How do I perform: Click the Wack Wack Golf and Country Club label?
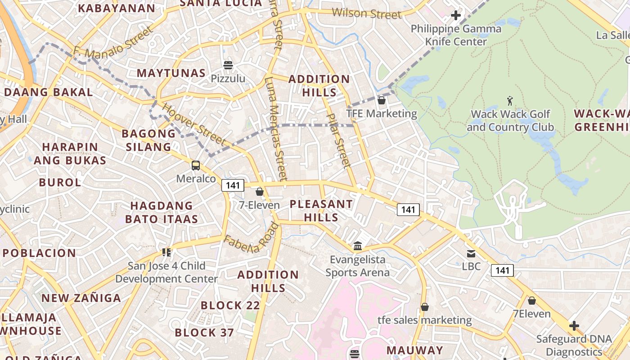(x=510, y=121)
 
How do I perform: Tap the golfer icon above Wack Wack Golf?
(x=510, y=100)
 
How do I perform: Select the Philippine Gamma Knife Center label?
(x=456, y=35)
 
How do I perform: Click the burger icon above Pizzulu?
(x=228, y=65)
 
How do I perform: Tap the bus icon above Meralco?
(x=196, y=166)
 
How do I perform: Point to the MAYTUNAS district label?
(x=171, y=73)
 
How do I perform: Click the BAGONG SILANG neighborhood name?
(x=148, y=140)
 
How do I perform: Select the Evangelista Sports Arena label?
(x=358, y=266)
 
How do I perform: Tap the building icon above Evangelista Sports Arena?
(x=358, y=246)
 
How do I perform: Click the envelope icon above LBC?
(x=471, y=254)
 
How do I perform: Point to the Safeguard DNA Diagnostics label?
(x=573, y=345)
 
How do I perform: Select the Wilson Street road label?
(x=367, y=13)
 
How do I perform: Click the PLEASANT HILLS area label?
(x=321, y=211)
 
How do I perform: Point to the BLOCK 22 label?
(x=230, y=306)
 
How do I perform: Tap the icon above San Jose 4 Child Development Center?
(x=166, y=252)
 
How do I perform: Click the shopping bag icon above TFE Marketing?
(x=382, y=100)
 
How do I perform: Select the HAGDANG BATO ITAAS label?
(x=162, y=212)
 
